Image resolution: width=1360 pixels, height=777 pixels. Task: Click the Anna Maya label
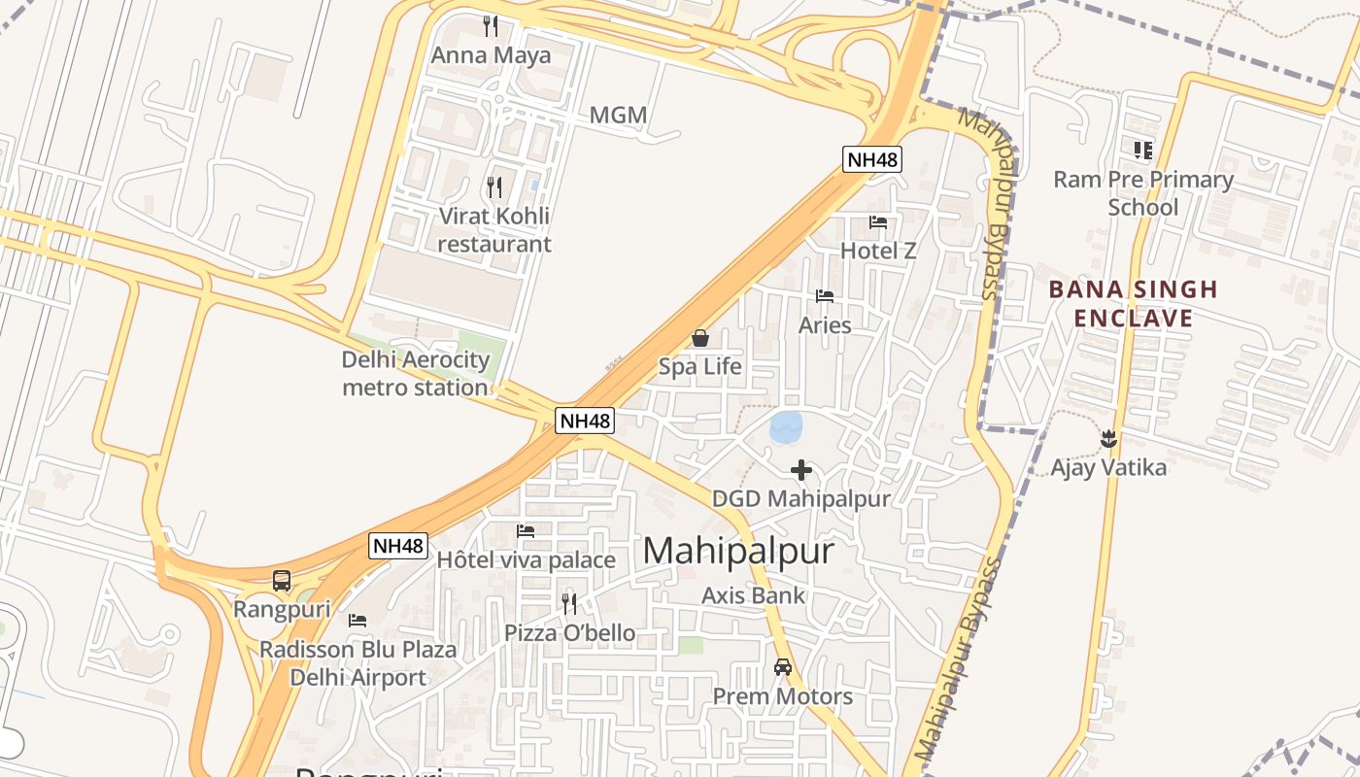[x=491, y=55]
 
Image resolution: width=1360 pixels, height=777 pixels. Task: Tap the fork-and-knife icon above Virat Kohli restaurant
[x=494, y=186]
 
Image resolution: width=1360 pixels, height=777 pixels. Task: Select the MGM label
[x=618, y=116]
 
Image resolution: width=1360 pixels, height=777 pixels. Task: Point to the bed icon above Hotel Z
[x=878, y=222]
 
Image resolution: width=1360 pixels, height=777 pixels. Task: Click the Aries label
[x=825, y=325]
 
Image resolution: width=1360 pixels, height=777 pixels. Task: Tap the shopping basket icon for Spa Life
[x=699, y=338]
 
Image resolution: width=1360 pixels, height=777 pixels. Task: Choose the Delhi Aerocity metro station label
[x=416, y=374]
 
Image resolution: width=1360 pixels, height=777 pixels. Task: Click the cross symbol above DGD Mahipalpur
[x=801, y=471]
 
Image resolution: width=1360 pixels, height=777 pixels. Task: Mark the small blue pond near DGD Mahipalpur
[x=786, y=426]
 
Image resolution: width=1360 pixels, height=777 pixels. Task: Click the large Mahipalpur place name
[x=738, y=552]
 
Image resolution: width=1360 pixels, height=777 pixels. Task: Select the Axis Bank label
[x=754, y=595]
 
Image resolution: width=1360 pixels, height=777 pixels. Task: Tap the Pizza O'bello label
[x=570, y=633]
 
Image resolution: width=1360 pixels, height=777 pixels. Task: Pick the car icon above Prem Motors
[x=783, y=667]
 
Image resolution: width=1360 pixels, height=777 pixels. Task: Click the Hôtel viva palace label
[x=526, y=560]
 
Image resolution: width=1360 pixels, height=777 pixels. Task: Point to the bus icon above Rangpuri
[x=282, y=581]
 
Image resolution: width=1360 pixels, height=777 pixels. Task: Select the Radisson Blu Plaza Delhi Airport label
[x=357, y=663]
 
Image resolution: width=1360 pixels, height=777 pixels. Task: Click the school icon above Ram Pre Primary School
[x=1143, y=151]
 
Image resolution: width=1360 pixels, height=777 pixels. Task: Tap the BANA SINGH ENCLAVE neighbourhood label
[x=1120, y=304]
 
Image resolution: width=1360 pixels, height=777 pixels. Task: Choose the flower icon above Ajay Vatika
[x=1108, y=439]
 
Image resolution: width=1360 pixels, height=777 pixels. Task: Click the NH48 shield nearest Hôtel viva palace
[x=398, y=546]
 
